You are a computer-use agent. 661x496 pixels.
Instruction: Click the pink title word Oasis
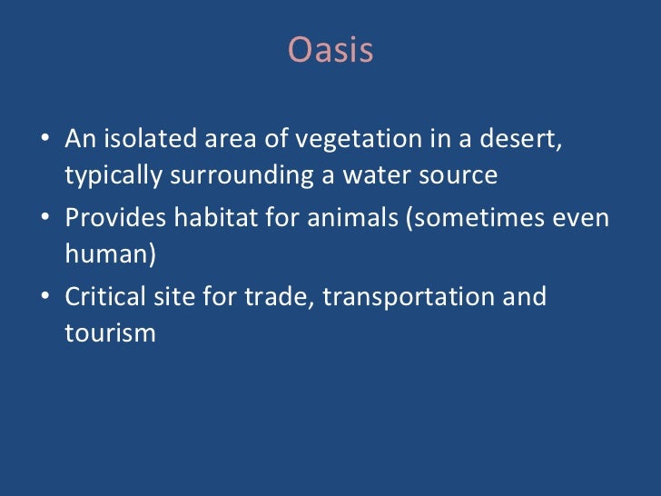pos(330,51)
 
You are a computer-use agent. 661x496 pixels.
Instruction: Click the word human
pos(106,255)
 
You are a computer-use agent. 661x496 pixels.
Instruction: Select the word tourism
pos(110,333)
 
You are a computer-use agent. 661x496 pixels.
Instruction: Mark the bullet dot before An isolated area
pos(45,143)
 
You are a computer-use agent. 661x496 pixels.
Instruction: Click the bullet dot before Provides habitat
pos(45,222)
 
